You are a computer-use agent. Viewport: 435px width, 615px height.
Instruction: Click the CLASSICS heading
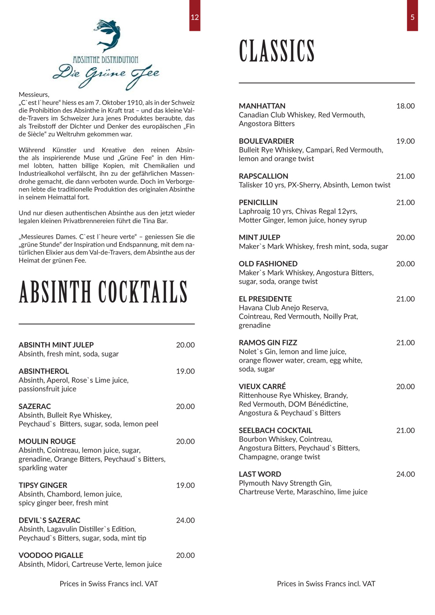(277, 51)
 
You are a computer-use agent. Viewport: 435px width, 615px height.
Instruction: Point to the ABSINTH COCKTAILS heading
(103, 292)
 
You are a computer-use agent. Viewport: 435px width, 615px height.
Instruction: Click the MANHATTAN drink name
(262, 106)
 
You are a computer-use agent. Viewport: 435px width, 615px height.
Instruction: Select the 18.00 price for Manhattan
(405, 106)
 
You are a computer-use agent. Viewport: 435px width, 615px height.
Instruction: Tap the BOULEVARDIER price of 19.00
(405, 141)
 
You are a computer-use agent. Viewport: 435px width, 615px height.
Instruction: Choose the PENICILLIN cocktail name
(258, 203)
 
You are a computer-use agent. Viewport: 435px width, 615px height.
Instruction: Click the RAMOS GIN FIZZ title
(268, 343)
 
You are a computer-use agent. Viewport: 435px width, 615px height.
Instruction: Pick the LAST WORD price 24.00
(405, 474)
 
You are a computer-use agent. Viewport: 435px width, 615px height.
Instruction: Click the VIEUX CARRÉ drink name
(262, 387)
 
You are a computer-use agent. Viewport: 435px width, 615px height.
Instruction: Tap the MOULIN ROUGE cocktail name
(47, 441)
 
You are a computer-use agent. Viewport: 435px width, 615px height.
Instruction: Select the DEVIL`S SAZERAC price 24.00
(185, 520)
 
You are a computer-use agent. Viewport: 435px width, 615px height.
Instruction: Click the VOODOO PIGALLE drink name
(51, 555)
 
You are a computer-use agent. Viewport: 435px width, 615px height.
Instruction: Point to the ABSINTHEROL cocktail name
(44, 371)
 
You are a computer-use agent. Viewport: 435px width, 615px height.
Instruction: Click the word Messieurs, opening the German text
(34, 95)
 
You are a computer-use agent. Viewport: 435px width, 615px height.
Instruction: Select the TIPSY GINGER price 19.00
(185, 485)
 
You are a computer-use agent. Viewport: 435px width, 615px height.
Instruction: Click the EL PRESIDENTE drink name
(265, 299)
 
